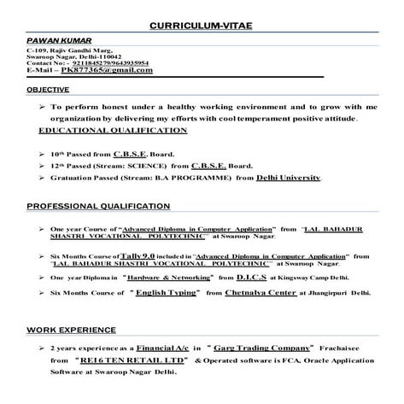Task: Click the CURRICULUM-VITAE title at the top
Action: point(202,26)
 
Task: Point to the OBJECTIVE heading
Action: point(49,89)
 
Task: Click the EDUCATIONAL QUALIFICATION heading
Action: point(113,131)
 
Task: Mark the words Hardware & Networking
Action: point(167,278)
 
